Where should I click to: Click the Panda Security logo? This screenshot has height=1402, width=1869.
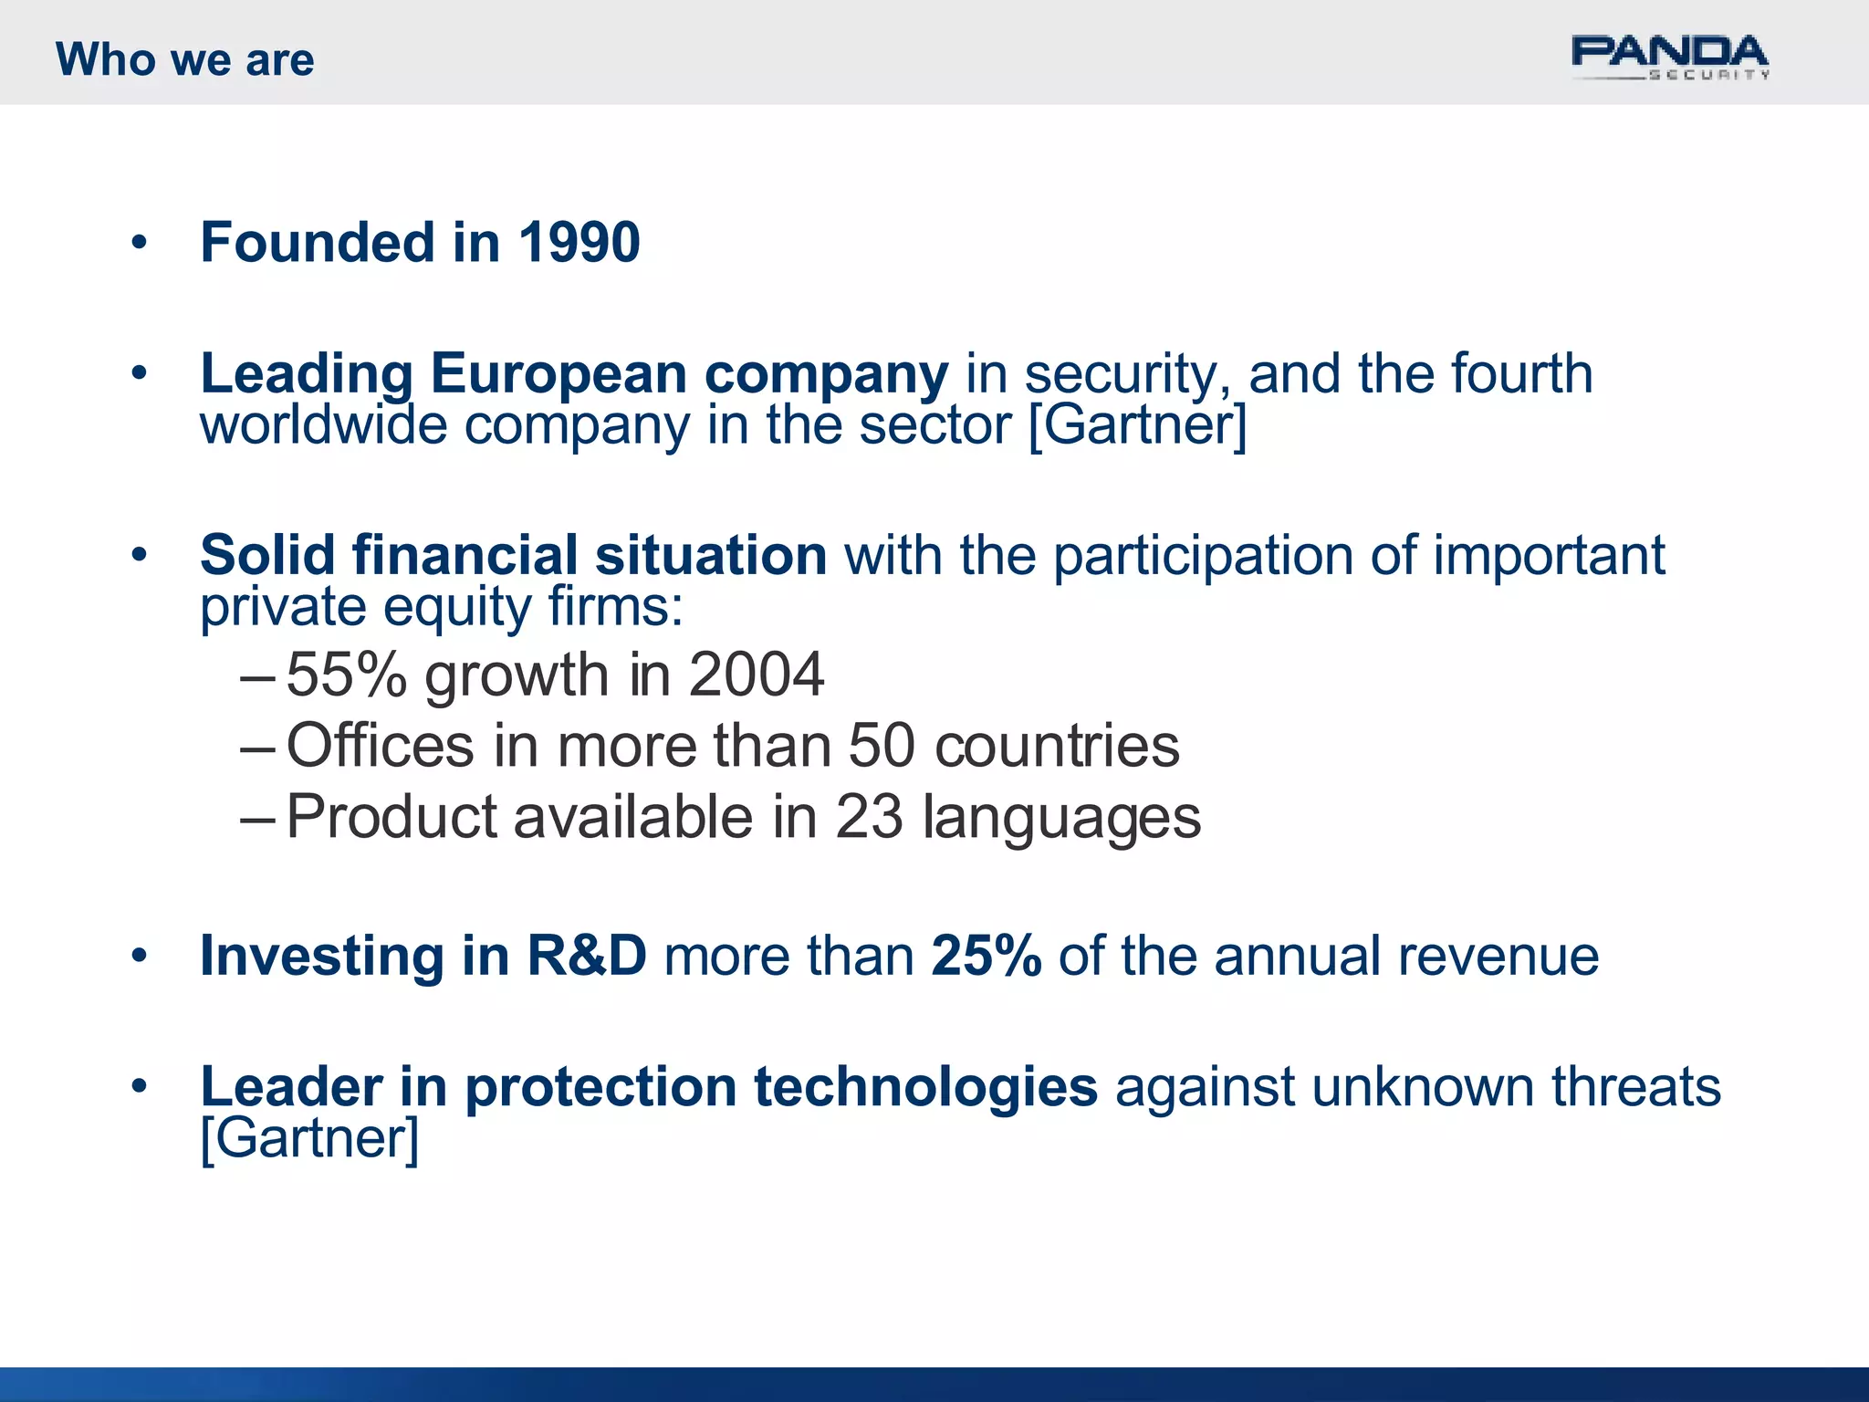pyautogui.click(x=1669, y=58)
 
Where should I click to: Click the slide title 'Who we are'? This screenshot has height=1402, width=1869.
pyautogui.click(x=185, y=60)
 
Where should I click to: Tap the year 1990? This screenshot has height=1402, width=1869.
pyautogui.click(x=579, y=243)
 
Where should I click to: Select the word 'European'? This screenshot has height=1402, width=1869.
pyautogui.click(x=559, y=374)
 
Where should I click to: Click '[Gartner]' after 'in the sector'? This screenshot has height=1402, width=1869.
pyautogui.click(x=1137, y=425)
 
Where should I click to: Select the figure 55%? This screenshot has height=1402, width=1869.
pyautogui.click(x=347, y=675)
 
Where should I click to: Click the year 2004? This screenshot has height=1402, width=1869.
pyautogui.click(x=756, y=675)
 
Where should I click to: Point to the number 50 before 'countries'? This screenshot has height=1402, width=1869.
pyautogui.click(x=882, y=746)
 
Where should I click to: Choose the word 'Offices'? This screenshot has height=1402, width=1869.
pyautogui.click(x=381, y=746)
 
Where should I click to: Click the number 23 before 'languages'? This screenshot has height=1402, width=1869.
pyautogui.click(x=869, y=817)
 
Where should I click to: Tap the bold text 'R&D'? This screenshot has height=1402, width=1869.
pyautogui.click(x=587, y=957)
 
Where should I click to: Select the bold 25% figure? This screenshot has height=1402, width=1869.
pyautogui.click(x=986, y=957)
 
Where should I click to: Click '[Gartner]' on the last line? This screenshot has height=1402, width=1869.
pyautogui.click(x=309, y=1139)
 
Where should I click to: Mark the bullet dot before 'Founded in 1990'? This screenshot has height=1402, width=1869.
pyautogui.click(x=139, y=243)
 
